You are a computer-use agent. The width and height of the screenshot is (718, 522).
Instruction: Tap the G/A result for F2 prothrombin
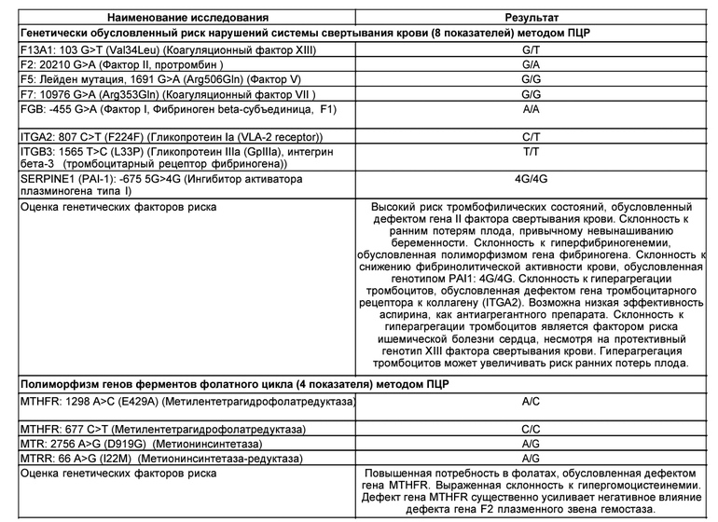click(x=531, y=67)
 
